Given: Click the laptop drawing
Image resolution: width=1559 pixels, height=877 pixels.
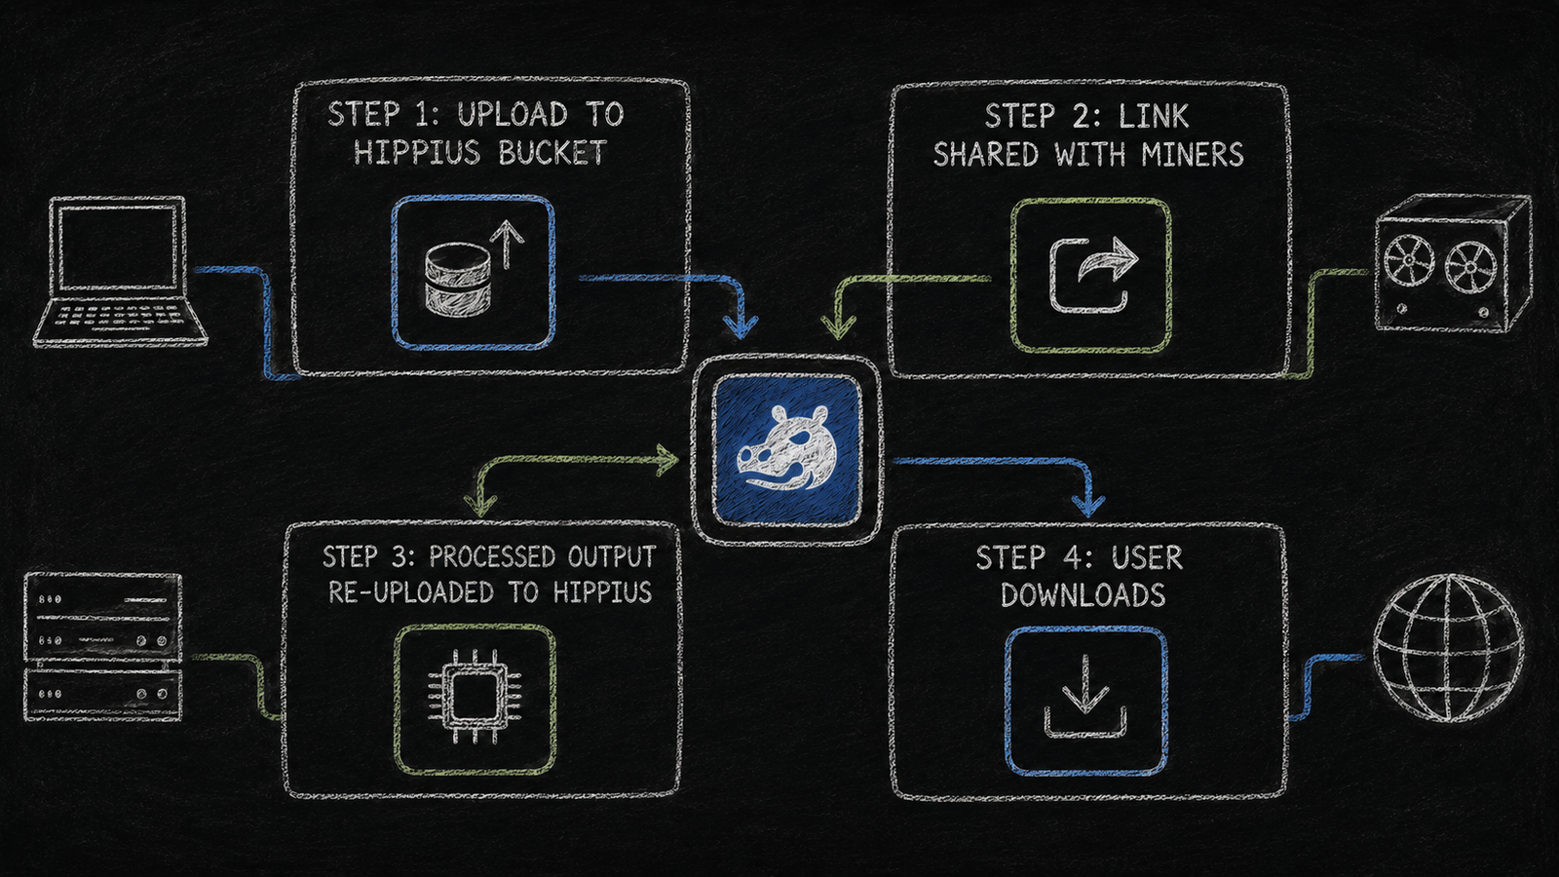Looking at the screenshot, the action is (x=120, y=272).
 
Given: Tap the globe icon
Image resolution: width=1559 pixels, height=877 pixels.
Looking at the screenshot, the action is (x=1448, y=647).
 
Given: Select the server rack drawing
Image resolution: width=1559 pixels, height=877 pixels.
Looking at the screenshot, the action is (x=103, y=647).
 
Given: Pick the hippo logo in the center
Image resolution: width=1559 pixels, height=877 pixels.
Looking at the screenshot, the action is (x=786, y=449).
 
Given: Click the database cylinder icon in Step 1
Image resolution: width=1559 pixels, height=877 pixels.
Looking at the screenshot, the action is (x=458, y=279).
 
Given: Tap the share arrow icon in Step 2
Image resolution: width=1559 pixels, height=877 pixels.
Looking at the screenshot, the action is (x=1091, y=274).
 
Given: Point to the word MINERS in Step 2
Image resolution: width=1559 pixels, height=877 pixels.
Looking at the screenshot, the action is (x=1193, y=154).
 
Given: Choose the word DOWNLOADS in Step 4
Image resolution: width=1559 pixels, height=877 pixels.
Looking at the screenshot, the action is (x=1083, y=595).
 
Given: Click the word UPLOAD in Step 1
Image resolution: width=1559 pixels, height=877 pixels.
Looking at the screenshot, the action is (x=513, y=114).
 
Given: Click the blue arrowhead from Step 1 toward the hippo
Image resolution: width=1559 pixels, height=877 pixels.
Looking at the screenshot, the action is (x=740, y=325).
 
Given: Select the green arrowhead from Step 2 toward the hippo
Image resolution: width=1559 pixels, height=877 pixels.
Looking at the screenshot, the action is (x=839, y=325).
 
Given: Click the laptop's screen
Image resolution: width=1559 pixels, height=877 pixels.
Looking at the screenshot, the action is (x=118, y=248).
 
